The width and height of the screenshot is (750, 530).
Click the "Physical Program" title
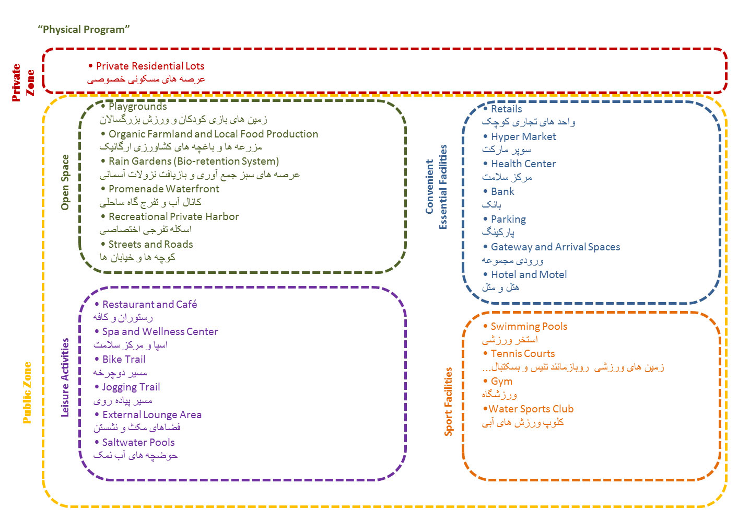[x=84, y=29]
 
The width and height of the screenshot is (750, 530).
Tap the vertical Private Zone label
[x=23, y=82]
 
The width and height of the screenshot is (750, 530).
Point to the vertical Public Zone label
[x=27, y=392]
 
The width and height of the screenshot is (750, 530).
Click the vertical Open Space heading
[x=65, y=182]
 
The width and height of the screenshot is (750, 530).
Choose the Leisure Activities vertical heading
[x=65, y=377]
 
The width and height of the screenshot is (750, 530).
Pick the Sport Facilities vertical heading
[x=448, y=401]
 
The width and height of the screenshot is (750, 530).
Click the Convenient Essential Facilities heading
[x=436, y=187]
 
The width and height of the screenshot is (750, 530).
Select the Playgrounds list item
[x=137, y=106]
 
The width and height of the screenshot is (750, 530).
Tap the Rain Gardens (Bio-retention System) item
[x=193, y=161]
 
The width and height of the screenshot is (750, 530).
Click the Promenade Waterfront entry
[x=163, y=189]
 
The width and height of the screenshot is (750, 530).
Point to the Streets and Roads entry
[x=150, y=244]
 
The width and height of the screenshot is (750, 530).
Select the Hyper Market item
[x=523, y=136]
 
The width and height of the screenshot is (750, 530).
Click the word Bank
[x=502, y=191]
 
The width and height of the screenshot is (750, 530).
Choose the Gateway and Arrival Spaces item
[x=555, y=247]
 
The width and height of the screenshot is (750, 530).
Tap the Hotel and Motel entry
[x=529, y=274]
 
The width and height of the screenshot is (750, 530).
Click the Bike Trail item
[x=124, y=359]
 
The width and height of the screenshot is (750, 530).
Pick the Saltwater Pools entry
[x=138, y=442]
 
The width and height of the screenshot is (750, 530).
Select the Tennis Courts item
[x=522, y=353]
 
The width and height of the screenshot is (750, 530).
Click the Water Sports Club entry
[x=531, y=409]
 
